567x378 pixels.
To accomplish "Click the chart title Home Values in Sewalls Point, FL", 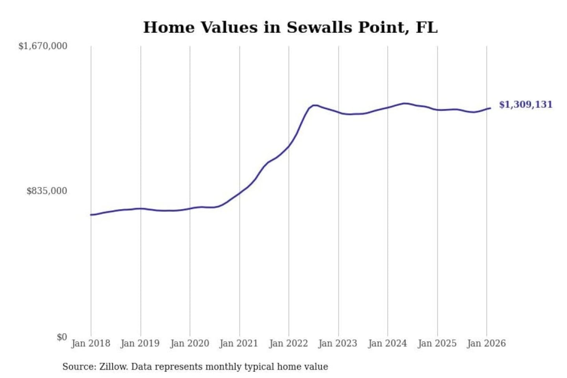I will [290, 28].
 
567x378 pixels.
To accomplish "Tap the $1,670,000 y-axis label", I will [43, 46].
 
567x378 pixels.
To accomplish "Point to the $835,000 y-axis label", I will [47, 191].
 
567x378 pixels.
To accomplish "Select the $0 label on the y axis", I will [62, 337].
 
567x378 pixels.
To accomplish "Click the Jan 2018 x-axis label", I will [91, 343].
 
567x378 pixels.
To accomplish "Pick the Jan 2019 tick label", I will [140, 343].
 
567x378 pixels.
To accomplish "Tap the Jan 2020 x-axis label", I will [189, 343].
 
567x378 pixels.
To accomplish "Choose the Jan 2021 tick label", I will [239, 343].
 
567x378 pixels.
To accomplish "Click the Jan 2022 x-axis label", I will [288, 343].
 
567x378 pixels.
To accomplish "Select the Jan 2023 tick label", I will [338, 343].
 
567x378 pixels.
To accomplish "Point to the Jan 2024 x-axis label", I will [387, 343].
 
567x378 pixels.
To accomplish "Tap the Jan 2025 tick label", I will [437, 343].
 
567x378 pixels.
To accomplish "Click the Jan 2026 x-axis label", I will [486, 343].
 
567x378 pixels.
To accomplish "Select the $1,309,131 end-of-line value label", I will [526, 105].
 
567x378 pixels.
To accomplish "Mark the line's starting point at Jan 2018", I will [91, 215].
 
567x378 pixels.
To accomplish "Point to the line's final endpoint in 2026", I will [490, 108].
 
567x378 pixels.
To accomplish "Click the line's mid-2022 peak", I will [314, 105].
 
